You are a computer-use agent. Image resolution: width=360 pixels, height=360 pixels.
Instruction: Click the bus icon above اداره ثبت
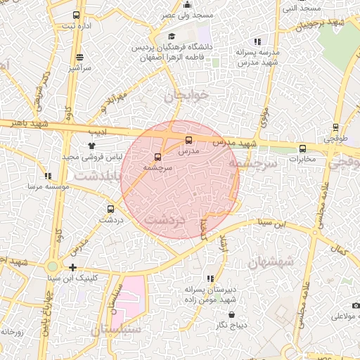[76, 15]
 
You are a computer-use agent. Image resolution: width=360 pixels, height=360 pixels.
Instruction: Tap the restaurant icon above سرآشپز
[79, 57]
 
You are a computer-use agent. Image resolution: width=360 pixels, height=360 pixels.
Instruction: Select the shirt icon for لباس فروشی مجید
[91, 146]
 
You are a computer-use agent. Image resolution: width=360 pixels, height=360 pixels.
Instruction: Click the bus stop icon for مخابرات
[303, 148]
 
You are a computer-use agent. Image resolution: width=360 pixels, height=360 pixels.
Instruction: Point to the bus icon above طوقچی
[335, 128]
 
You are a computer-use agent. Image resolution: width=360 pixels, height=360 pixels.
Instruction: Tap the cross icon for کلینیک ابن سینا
[73, 267]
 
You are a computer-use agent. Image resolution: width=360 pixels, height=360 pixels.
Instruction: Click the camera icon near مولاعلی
[356, 306]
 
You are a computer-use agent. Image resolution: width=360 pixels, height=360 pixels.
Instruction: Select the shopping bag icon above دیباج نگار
[232, 314]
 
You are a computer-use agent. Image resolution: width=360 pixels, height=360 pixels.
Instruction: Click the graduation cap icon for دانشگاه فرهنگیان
[171, 37]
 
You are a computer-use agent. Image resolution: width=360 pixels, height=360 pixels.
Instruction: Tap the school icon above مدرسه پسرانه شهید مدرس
[258, 41]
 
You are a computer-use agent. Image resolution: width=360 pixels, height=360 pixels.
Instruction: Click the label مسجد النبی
[301, 8]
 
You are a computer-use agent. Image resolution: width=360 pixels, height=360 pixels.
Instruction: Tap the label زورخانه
[12, 331]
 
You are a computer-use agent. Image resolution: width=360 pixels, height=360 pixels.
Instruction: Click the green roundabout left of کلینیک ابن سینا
[52, 267]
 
